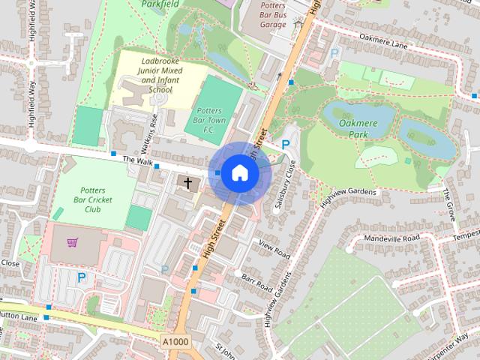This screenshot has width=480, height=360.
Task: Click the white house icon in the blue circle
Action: tap(239, 173)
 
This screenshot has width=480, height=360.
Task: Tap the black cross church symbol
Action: tap(187, 182)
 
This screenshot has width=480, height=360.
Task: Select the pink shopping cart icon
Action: tap(73, 243)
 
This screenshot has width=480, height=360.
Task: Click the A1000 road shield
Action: tap(176, 341)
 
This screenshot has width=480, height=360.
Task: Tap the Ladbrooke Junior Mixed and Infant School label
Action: tap(150, 74)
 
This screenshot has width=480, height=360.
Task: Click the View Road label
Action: tap(274, 249)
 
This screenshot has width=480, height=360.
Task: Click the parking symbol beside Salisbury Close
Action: tap(286, 144)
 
